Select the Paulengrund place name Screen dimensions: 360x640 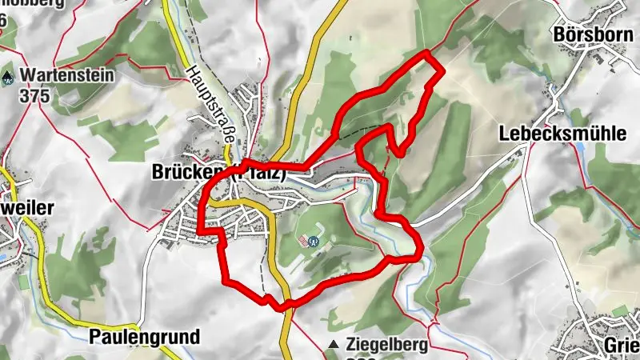coord(144,337)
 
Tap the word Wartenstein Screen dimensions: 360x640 coord(68,77)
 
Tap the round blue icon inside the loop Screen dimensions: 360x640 coord(314,239)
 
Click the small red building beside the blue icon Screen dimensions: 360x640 coord(302,240)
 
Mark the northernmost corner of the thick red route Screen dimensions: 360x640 coord(428,52)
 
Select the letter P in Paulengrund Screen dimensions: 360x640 coord(94,337)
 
